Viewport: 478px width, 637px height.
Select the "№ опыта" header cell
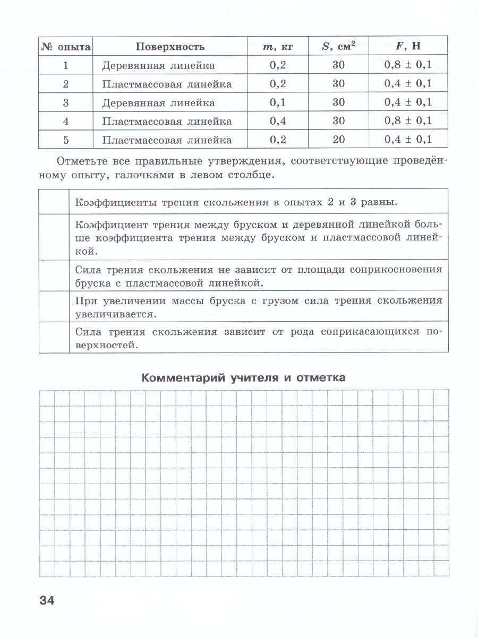[x=66, y=46]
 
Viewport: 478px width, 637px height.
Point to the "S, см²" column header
[x=338, y=46]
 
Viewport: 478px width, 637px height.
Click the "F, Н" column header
[x=407, y=46]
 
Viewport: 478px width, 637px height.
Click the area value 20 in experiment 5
[x=338, y=140]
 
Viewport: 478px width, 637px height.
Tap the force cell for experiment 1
[x=407, y=65]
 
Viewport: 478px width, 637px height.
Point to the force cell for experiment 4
[x=407, y=121]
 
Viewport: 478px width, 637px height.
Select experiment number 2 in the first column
[x=66, y=84]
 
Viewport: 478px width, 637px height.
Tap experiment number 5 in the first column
[x=66, y=140]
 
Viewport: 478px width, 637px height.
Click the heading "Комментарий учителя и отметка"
[x=243, y=377]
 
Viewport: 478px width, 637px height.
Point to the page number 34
[x=47, y=601]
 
